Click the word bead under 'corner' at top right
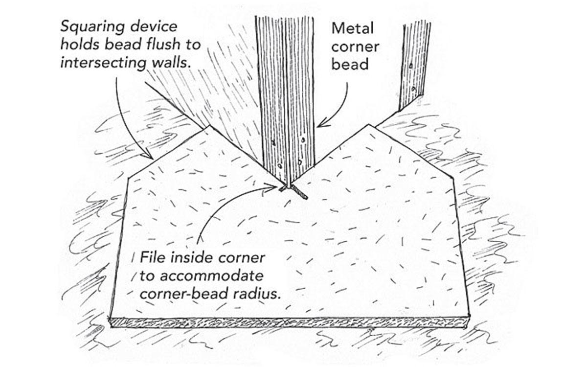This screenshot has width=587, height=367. (350, 64)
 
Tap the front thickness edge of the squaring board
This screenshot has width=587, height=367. (289, 323)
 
